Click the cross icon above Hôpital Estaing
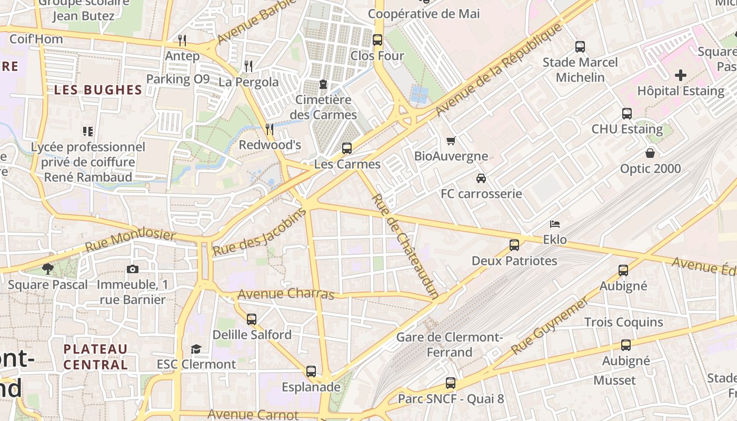coord(681,75)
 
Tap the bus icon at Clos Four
coord(377,40)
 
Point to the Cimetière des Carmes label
coord(323,107)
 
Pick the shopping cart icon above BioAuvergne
coord(451,141)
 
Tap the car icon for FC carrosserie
coord(481,178)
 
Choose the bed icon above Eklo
coord(555,224)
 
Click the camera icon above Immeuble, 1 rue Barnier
coord(133,269)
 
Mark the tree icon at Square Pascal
coord(48,269)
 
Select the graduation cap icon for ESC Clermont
coord(196,349)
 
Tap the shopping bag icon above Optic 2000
coord(650,153)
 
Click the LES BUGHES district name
coord(98,90)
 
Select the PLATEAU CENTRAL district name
coord(95,356)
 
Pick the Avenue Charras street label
coord(286,294)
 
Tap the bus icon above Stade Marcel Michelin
coord(580,47)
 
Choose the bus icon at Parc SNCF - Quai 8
coord(450,383)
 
